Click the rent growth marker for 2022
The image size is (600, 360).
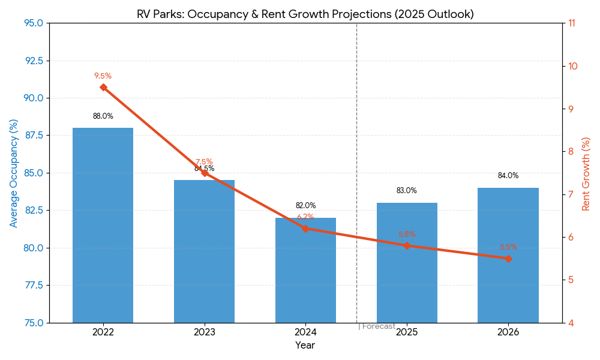point(103,87)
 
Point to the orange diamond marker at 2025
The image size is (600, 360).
point(407,245)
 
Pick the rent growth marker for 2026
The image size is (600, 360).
point(508,259)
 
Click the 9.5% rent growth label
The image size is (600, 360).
point(103,76)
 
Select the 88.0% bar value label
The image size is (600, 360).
point(103,116)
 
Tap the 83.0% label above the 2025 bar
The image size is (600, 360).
point(406,191)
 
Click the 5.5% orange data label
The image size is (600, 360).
point(508,247)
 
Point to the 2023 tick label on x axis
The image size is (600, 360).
point(204,332)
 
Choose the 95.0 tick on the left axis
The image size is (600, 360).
point(33,23)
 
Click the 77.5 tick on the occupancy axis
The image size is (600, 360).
point(33,285)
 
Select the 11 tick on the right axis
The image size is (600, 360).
point(571,23)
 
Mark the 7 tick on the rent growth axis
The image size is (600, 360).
point(570,194)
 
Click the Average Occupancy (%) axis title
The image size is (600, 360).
point(14,173)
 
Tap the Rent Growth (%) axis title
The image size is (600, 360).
point(586,173)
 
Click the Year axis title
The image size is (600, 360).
point(305,346)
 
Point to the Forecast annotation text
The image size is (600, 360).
point(378,326)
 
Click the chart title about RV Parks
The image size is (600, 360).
point(305,14)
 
